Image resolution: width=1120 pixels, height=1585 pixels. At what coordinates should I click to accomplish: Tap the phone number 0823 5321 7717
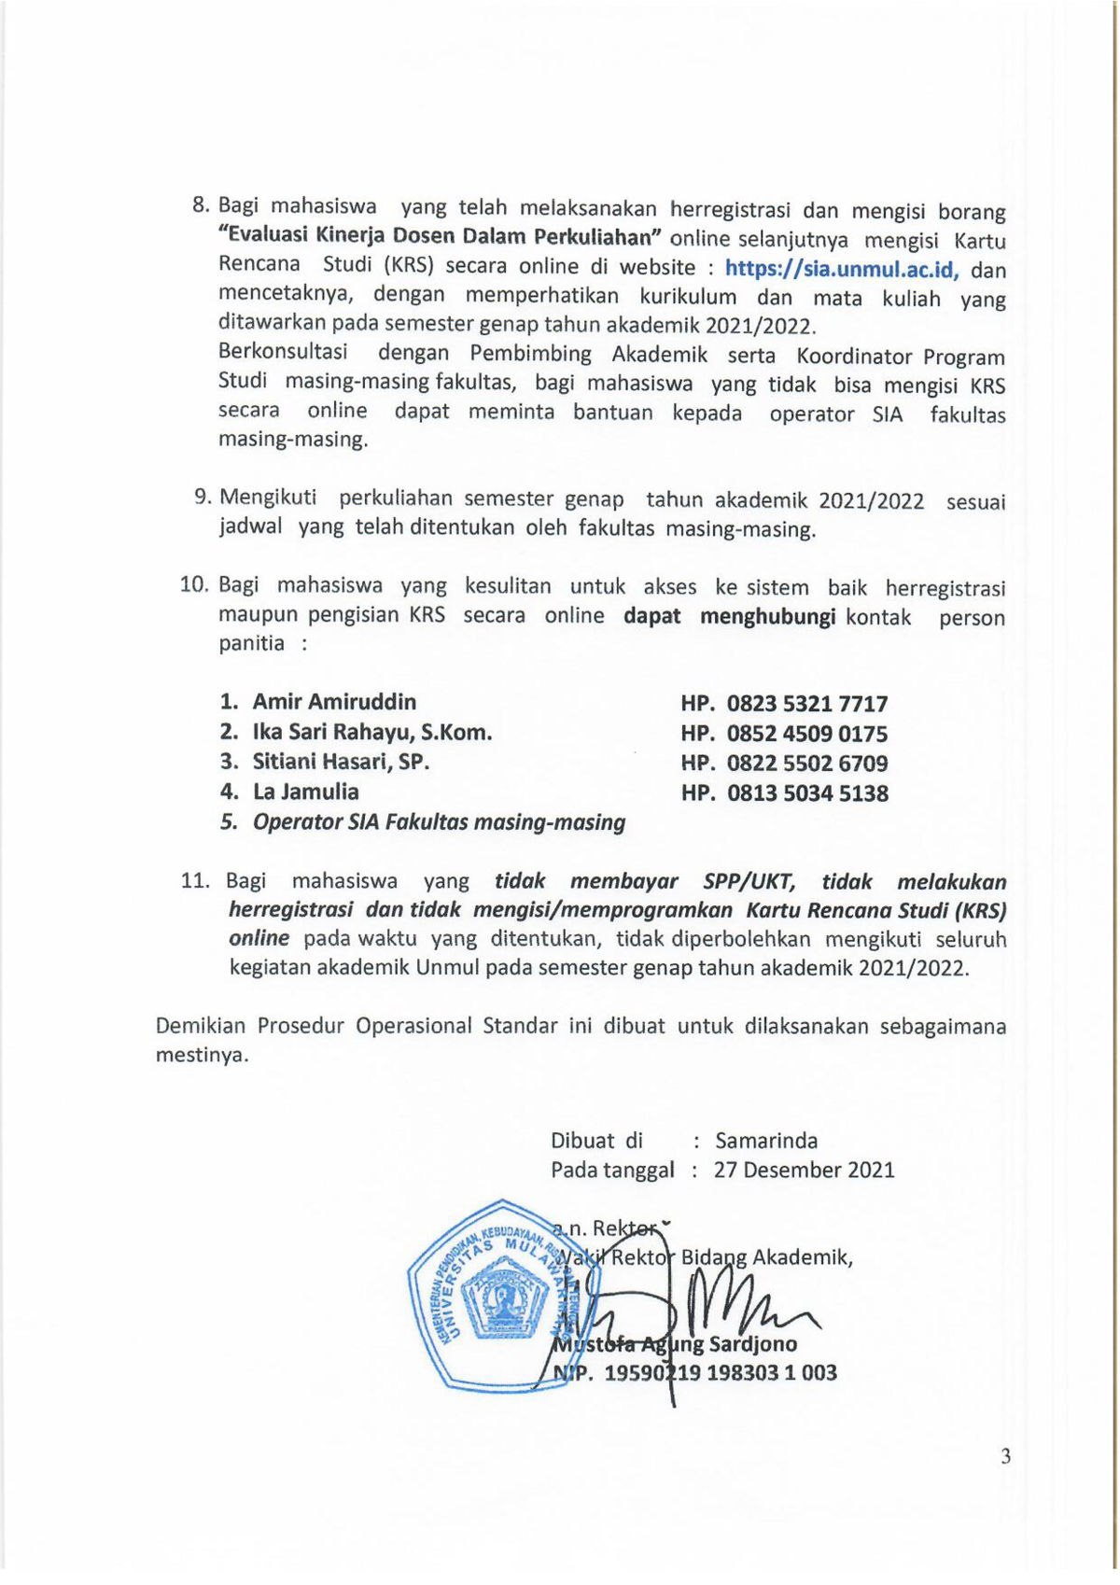click(x=807, y=704)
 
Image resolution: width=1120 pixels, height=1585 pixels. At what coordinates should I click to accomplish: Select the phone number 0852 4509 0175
click(x=807, y=734)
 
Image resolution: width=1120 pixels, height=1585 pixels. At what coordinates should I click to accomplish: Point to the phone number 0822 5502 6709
click(x=807, y=764)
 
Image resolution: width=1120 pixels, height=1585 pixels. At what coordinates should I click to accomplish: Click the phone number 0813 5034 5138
click(x=807, y=793)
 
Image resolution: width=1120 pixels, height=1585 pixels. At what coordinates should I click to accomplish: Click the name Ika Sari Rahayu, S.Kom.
click(x=371, y=732)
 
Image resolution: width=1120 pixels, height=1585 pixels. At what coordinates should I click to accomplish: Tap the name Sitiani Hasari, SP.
click(x=341, y=762)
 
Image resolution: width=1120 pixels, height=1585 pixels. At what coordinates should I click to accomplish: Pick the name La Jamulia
click(x=305, y=792)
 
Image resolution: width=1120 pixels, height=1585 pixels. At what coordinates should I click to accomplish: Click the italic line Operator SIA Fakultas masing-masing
click(x=439, y=822)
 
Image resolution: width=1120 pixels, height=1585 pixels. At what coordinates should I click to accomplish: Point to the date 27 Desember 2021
click(x=804, y=1170)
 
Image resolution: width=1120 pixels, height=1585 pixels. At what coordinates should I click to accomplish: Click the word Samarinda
click(x=766, y=1141)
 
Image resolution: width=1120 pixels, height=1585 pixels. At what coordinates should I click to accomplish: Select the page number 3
click(x=1005, y=1456)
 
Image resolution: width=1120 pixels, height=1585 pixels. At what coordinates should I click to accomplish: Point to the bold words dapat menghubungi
click(x=729, y=616)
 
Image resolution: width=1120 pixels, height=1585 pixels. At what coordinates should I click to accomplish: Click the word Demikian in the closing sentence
click(x=200, y=1026)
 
